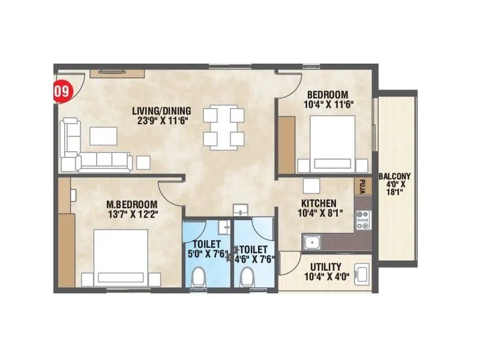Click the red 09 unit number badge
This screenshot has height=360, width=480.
(x=59, y=92)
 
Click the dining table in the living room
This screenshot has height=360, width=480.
(x=223, y=127)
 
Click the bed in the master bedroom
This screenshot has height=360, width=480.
(x=121, y=258)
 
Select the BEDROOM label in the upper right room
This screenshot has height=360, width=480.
(x=328, y=94)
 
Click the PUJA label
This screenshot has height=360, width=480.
(x=363, y=184)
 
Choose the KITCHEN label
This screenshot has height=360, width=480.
(x=318, y=203)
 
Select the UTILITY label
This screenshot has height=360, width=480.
(x=326, y=266)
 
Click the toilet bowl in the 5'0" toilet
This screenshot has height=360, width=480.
(x=200, y=278)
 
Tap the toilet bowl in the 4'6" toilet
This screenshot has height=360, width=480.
(x=245, y=278)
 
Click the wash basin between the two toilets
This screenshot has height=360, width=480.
(x=241, y=209)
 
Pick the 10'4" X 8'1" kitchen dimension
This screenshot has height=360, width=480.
(x=318, y=213)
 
